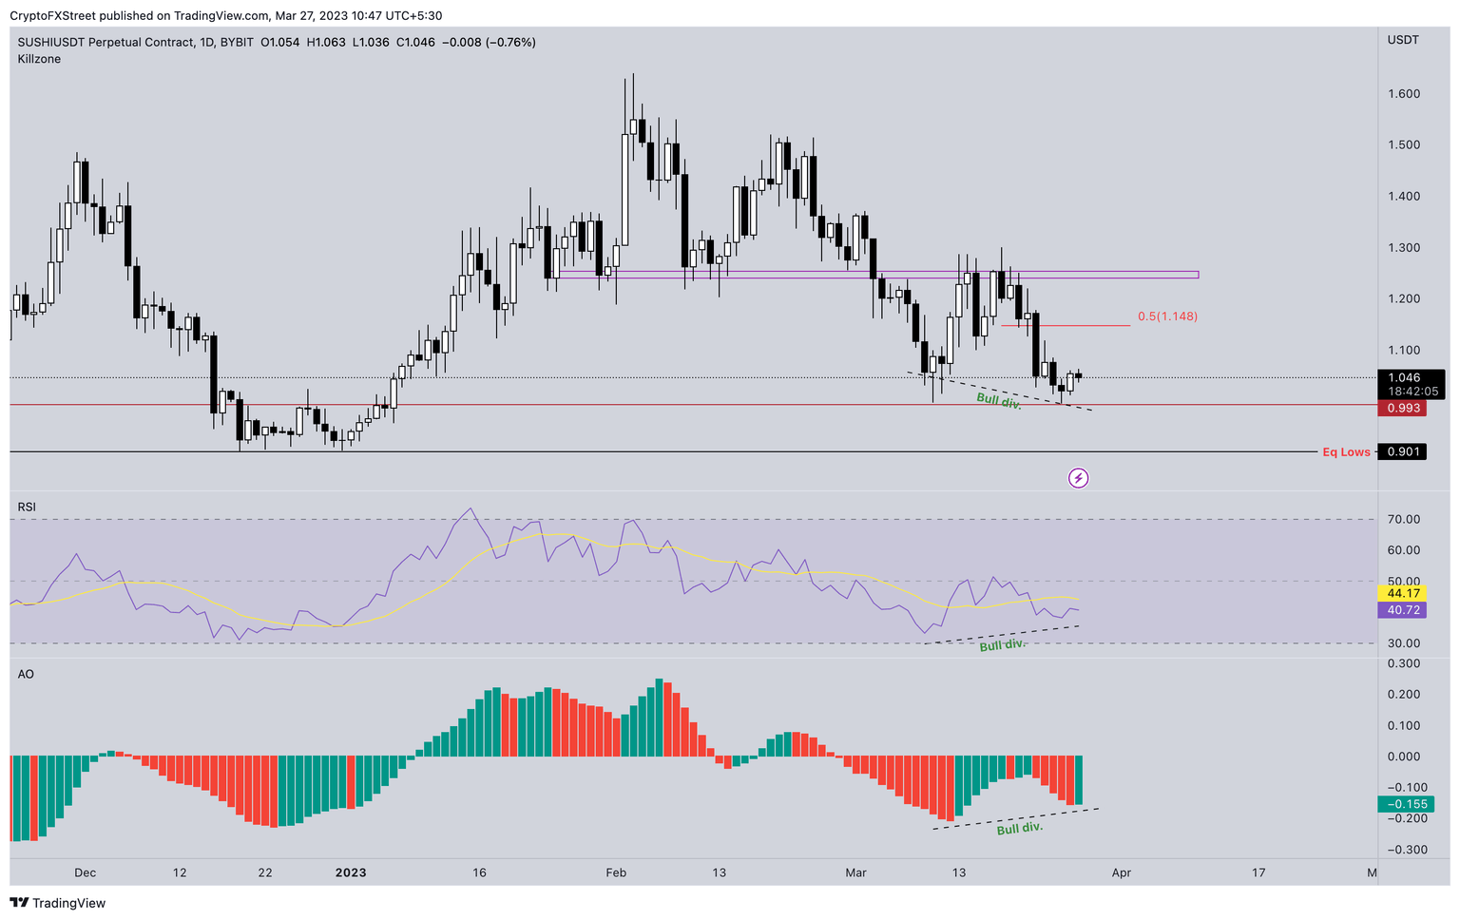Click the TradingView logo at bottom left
[58, 903]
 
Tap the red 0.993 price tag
[1402, 408]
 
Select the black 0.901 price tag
[1402, 451]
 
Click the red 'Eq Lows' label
[1346, 452]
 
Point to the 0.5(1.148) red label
[1167, 316]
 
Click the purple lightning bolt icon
[1078, 478]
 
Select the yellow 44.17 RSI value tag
[1402, 593]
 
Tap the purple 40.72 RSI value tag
[1402, 610]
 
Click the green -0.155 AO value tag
[1402, 804]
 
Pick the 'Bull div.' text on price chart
[998, 402]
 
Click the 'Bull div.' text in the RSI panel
[1002, 645]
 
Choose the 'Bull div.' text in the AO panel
[1019, 829]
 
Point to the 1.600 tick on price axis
[1403, 94]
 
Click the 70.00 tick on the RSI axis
[1403, 519]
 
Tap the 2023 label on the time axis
[351, 872]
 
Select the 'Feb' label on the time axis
[616, 872]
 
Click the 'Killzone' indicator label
[39, 59]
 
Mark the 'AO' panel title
[26, 674]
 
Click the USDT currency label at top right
[1403, 40]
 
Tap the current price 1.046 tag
[1402, 377]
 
